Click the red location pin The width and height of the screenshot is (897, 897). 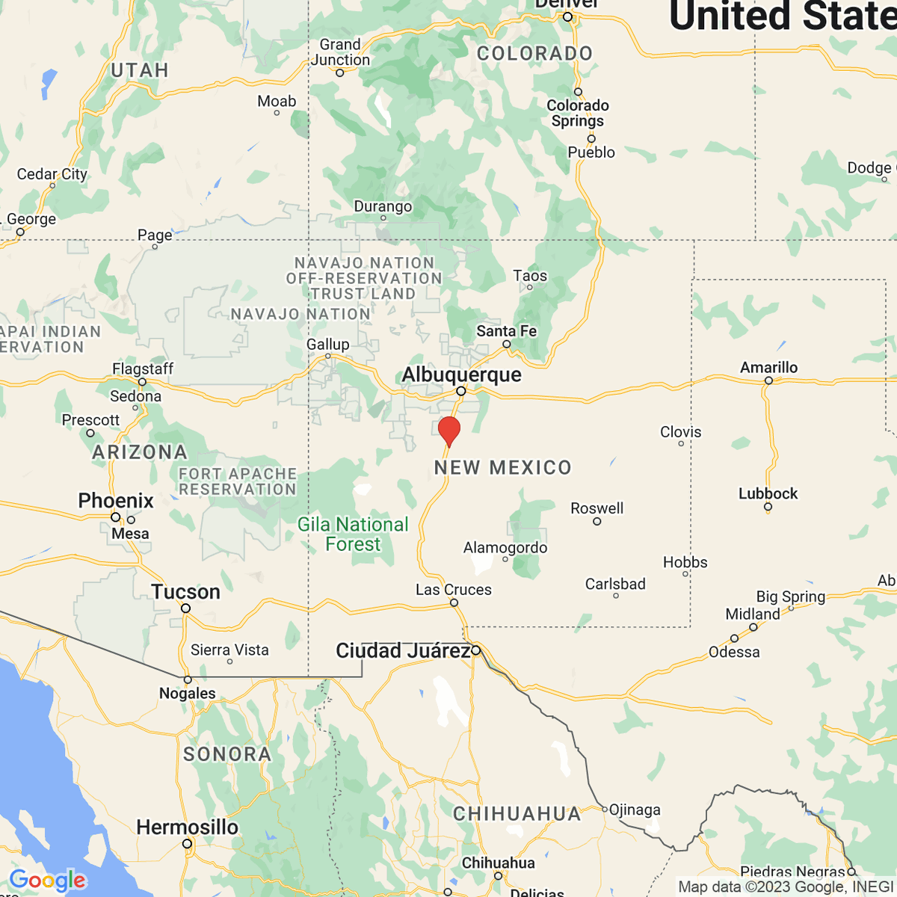[x=449, y=431]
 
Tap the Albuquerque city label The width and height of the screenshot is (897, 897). [x=461, y=374]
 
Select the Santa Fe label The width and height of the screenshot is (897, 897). [x=506, y=330]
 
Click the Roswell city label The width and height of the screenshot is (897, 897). [x=597, y=508]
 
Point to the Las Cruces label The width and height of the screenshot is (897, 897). [x=453, y=589]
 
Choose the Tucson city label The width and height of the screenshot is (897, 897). [x=185, y=592]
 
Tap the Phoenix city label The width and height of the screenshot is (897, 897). [x=116, y=500]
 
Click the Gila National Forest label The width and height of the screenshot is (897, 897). [x=353, y=534]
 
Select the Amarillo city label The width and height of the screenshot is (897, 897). [x=768, y=367]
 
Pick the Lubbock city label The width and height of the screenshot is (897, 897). [x=768, y=493]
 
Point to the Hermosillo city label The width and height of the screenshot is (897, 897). [x=187, y=827]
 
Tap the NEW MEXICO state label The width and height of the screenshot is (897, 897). [x=502, y=468]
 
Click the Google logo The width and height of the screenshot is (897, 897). [x=48, y=880]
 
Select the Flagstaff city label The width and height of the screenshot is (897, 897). [x=142, y=369]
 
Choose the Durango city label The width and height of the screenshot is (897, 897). [x=383, y=206]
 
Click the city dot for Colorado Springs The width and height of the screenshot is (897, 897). [x=578, y=92]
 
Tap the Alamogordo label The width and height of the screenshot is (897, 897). [x=505, y=547]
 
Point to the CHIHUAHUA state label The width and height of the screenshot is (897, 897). [x=517, y=813]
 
